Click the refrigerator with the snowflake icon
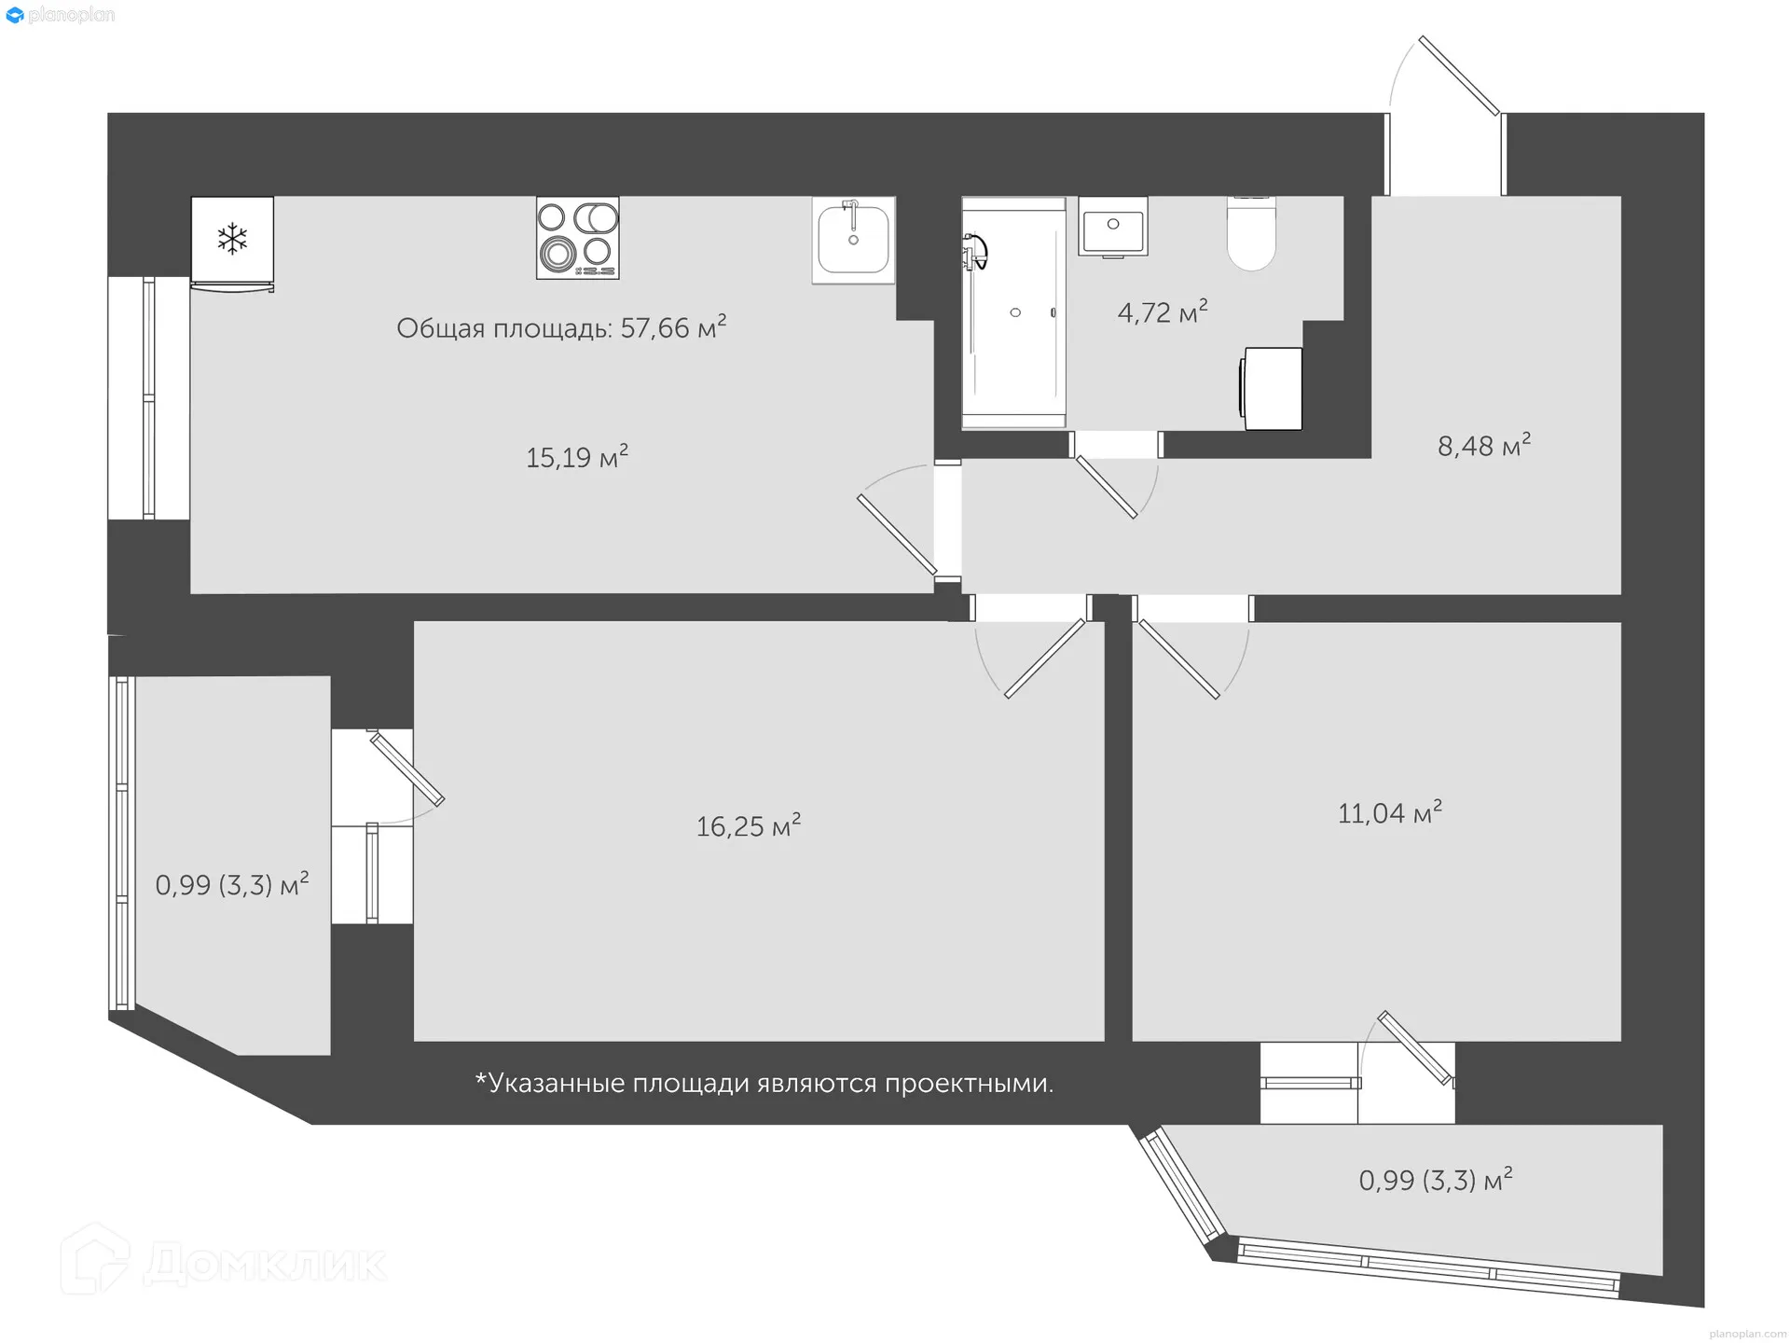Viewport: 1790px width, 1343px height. pos(232,241)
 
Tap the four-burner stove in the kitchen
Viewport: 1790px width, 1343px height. pos(577,237)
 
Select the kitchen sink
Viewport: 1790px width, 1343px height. pos(853,240)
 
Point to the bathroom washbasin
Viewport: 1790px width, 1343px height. pos(1113,227)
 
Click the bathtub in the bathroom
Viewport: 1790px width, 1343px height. pos(1013,313)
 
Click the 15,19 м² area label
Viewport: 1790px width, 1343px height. pos(577,457)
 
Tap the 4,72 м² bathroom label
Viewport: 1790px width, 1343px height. pos(1163,312)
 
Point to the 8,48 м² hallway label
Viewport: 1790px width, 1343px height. pos(1483,446)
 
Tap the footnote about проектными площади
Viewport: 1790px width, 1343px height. pos(764,1083)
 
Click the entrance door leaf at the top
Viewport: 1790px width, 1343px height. pos(1459,76)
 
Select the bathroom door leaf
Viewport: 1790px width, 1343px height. pos(1106,487)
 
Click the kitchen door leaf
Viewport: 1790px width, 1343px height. pos(897,534)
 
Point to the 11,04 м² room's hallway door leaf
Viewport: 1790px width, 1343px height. pos(1179,659)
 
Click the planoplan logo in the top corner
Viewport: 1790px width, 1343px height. pos(60,15)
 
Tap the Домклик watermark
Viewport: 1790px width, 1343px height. pos(224,1263)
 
